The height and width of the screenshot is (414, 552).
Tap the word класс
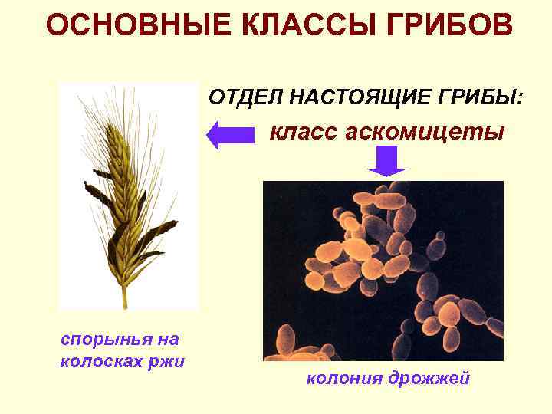[301, 133]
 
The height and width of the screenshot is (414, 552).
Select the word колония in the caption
[343, 378]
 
